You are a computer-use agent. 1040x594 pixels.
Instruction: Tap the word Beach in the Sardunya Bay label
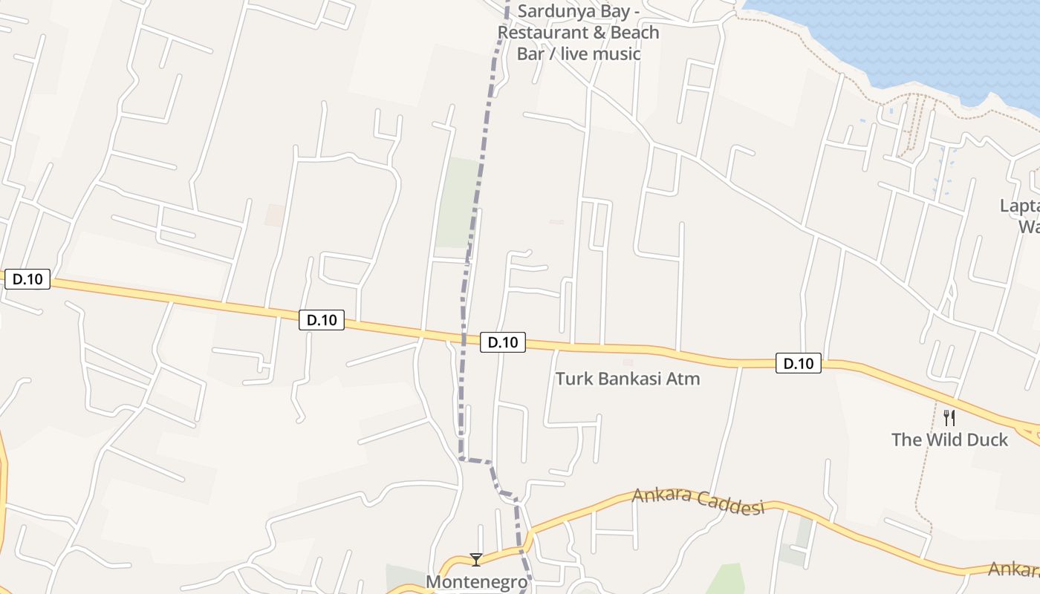click(x=630, y=33)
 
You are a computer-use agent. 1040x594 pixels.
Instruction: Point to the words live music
click(x=600, y=54)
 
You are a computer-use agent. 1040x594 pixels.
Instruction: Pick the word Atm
click(x=684, y=379)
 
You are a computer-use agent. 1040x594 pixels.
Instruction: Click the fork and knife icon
click(x=949, y=417)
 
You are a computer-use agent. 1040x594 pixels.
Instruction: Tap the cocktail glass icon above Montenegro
click(x=476, y=559)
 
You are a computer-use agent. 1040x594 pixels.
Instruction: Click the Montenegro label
click(x=476, y=581)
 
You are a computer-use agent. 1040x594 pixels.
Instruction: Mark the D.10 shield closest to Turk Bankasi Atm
click(x=503, y=342)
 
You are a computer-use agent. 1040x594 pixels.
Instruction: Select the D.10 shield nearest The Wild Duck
click(x=799, y=363)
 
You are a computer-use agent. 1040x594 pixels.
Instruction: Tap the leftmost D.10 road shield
click(x=27, y=279)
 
